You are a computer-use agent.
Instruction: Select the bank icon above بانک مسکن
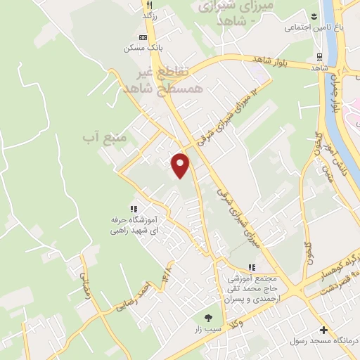click(x=143, y=37)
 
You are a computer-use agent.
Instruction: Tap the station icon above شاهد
click(x=319, y=56)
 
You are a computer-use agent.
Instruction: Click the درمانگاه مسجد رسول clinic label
click(x=324, y=342)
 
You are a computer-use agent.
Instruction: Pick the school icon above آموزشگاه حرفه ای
click(x=134, y=208)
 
